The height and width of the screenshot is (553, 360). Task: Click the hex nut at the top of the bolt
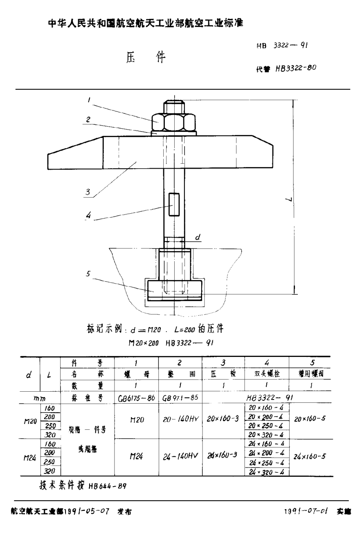174,122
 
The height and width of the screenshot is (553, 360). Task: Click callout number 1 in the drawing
88,99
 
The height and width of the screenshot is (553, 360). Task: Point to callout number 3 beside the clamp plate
87,192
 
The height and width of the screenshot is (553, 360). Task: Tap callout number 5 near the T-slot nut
88,274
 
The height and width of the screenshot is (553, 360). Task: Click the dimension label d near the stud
197,237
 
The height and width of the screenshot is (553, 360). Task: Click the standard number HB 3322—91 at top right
282,46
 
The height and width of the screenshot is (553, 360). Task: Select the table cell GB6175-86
136,397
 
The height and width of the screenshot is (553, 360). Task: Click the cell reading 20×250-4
267,426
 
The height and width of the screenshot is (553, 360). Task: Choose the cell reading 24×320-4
267,472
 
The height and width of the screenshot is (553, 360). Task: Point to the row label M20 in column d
30,421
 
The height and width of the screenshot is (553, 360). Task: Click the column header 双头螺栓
267,374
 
